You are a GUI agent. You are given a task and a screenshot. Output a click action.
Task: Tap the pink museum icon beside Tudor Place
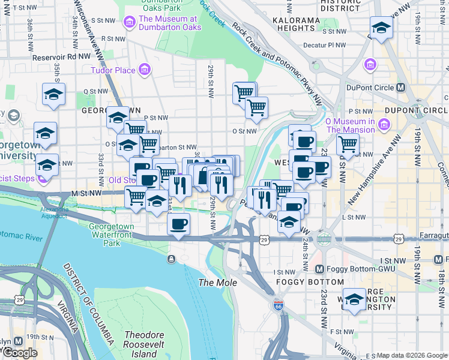point(144,71)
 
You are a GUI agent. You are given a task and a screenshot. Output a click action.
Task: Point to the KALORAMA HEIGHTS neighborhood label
point(296,24)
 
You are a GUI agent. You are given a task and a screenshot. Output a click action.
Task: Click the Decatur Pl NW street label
point(325,44)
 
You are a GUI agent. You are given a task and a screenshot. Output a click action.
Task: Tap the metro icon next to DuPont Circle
point(401,88)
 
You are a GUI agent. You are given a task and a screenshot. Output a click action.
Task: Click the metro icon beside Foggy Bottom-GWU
point(319,269)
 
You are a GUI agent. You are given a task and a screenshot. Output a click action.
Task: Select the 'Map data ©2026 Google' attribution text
point(412,355)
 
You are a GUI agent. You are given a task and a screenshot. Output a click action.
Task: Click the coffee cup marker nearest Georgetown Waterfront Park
point(178,225)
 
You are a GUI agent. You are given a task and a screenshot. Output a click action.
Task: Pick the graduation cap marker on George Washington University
point(355,299)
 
